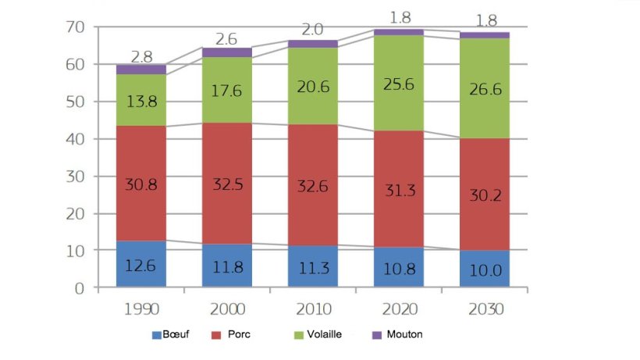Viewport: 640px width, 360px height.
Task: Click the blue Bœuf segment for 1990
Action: click(x=142, y=264)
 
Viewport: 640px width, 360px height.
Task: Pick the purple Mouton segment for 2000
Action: click(x=226, y=52)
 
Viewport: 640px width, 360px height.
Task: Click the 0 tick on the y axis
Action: click(x=77, y=288)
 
